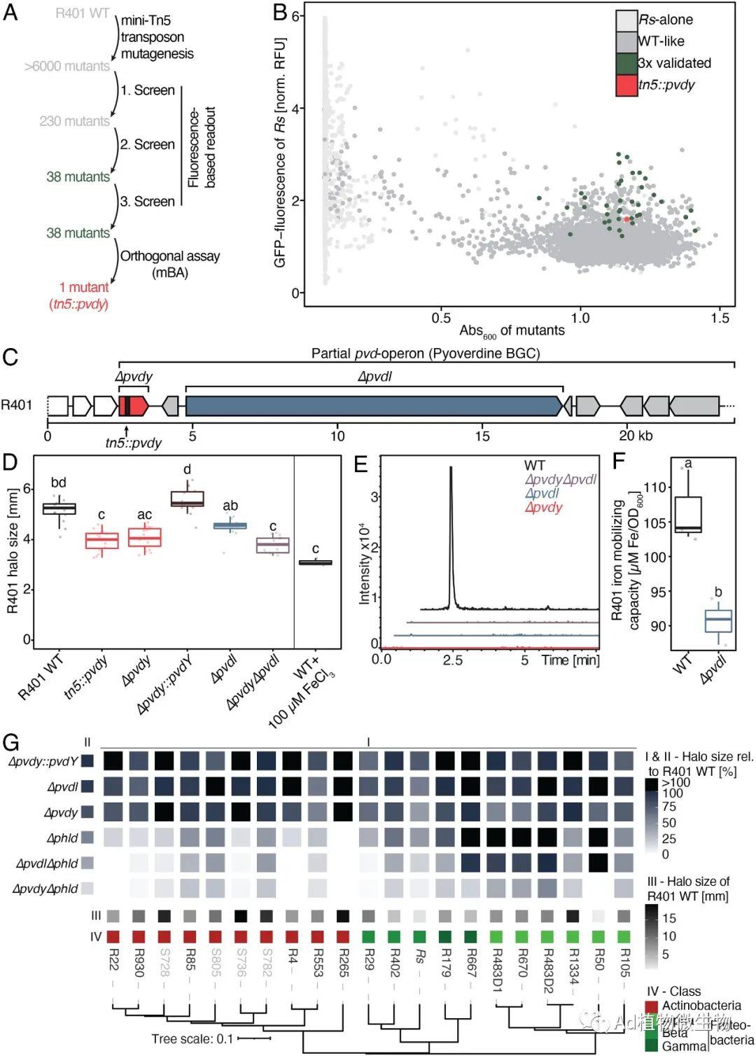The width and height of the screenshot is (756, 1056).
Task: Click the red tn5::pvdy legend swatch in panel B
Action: pos(626,85)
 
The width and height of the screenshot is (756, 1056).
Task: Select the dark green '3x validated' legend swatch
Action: pos(626,64)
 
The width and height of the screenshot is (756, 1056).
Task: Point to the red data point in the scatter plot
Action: pos(626,219)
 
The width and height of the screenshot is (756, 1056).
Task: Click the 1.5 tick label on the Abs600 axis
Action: pos(720,319)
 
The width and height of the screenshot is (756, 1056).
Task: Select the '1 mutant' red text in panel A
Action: pos(84,287)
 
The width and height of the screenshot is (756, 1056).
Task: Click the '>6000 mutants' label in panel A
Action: pos(67,67)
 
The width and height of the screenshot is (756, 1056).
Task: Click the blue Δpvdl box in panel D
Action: pos(230,526)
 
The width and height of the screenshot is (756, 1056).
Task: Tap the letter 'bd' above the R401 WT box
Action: pos(59,482)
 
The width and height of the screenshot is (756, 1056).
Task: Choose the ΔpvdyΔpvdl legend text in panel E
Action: pos(561,480)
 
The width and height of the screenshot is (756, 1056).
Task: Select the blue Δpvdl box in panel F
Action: pos(718,621)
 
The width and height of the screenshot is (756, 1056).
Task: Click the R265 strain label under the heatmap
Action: pos(344,963)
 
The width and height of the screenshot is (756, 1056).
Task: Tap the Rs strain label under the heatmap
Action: pos(419,956)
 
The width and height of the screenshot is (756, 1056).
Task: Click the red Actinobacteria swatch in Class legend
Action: pos(652,1006)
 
